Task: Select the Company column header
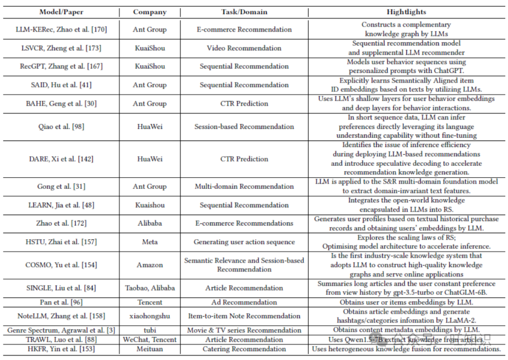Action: pyautogui.click(x=150, y=12)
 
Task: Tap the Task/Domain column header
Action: pyautogui.click(x=244, y=12)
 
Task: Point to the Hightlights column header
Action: pyautogui.click(x=406, y=12)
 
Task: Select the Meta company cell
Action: pyautogui.click(x=150, y=242)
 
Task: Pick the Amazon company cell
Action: pyautogui.click(x=150, y=265)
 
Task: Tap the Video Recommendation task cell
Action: pyautogui.click(x=244, y=48)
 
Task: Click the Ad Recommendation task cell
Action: pyautogui.click(x=244, y=302)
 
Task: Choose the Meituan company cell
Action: pyautogui.click(x=150, y=349)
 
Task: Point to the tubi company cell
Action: pyautogui.click(x=150, y=330)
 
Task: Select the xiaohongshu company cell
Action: pyautogui.click(x=150, y=316)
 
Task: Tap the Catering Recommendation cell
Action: pyautogui.click(x=244, y=349)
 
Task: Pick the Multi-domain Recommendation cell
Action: pyautogui.click(x=244, y=187)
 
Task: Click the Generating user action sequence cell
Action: pyautogui.click(x=244, y=242)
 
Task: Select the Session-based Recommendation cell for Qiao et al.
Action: pyautogui.click(x=244, y=126)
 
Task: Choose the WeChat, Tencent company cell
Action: pyautogui.click(x=150, y=339)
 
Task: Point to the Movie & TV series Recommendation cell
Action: pyautogui.click(x=244, y=330)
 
